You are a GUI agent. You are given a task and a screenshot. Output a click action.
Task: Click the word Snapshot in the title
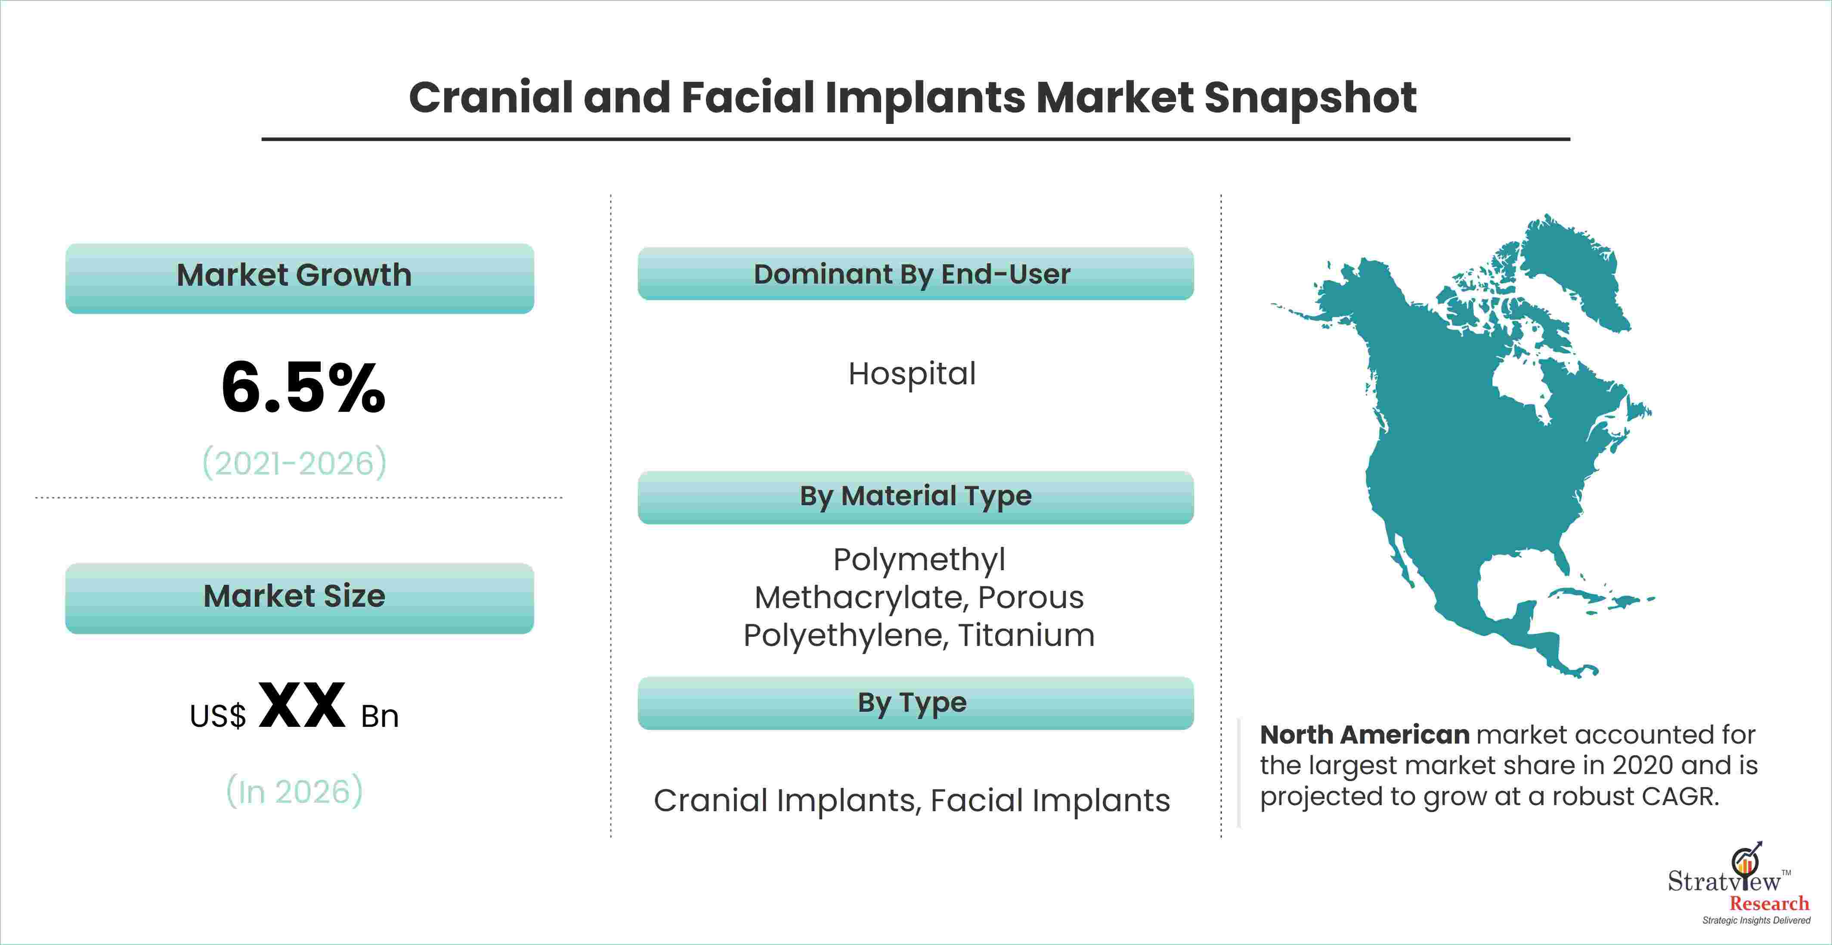1310,98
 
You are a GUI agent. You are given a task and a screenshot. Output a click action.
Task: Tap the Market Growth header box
300,278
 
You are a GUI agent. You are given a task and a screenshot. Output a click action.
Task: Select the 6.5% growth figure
303,388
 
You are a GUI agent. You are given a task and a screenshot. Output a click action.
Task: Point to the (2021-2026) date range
294,463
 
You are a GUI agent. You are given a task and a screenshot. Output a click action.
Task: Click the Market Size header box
300,598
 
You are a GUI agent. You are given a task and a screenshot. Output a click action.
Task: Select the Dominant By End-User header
915,274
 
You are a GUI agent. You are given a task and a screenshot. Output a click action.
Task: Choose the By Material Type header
915,497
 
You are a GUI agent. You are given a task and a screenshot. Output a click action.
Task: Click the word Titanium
1026,635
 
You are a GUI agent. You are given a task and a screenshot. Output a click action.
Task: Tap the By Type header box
915,703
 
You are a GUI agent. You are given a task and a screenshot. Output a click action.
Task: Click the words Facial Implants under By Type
1050,801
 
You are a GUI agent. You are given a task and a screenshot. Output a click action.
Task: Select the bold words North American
1364,735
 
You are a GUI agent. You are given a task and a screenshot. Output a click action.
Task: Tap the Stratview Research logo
1738,884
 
